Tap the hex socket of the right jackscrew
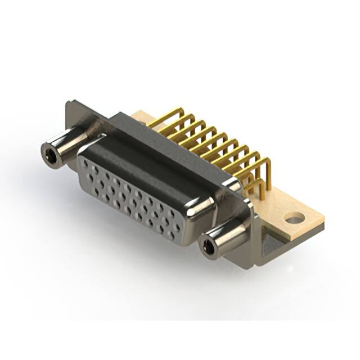click(x=210, y=245)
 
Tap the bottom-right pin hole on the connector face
click(x=178, y=229)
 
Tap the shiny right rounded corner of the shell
click(x=202, y=208)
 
